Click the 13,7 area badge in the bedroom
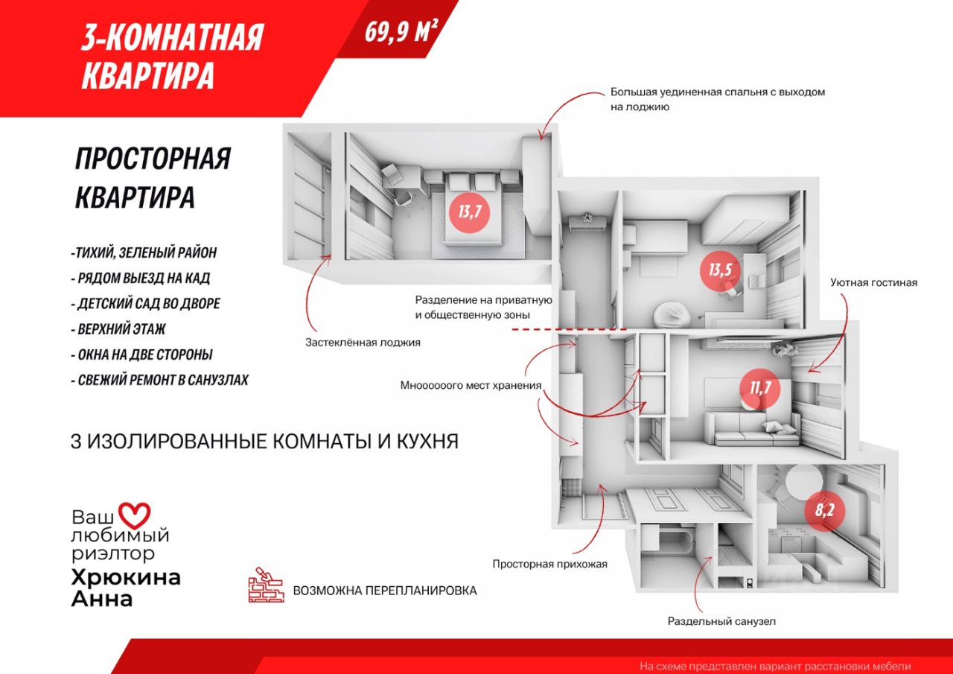(470, 212)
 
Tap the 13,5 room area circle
(719, 270)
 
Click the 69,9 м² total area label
(400, 31)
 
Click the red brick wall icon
(267, 586)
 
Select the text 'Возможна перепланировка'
(385, 591)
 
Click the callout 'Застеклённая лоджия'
(363, 343)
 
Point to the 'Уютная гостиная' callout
(874, 283)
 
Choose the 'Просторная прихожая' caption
(549, 564)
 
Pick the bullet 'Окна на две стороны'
(145, 355)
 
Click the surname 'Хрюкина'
(125, 577)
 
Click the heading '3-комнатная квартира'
(172, 56)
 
